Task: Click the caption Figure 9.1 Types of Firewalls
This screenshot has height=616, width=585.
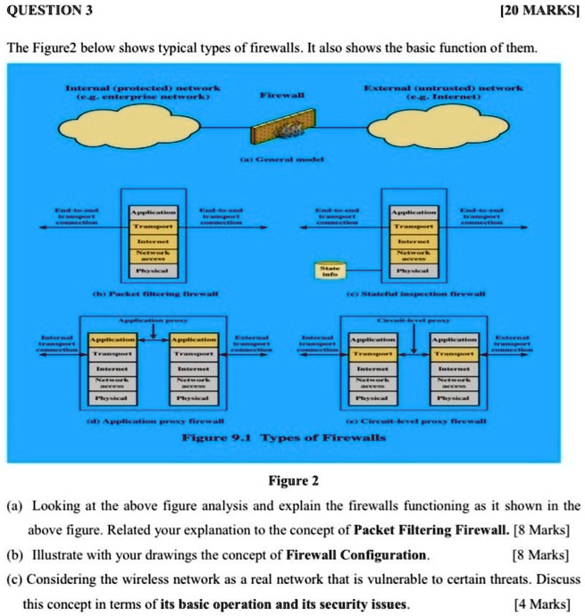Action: (x=284, y=437)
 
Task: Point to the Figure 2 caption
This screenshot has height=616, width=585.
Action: (x=294, y=483)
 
